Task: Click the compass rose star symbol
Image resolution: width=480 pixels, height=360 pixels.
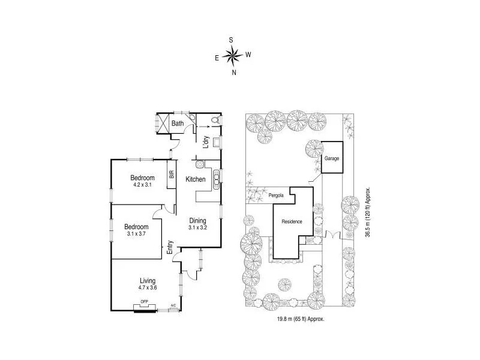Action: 232,56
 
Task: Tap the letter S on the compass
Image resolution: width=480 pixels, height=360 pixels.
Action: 231,40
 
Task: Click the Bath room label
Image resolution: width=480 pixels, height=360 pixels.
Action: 178,124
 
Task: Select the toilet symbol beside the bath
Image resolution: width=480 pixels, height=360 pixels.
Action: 215,121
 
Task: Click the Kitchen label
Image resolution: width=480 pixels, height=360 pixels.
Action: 196,179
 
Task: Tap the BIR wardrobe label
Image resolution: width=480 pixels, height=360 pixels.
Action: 171,175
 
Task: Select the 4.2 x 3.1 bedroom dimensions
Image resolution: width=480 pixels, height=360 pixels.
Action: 143,185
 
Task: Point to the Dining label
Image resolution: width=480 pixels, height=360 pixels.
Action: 198,221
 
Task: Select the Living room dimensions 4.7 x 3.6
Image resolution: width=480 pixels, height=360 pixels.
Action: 148,287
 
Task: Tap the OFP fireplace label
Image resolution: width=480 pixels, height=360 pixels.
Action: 144,302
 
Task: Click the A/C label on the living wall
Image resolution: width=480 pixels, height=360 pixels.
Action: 173,305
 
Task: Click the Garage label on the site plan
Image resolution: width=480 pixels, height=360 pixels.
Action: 332,159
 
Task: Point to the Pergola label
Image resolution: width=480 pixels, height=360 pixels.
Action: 275,196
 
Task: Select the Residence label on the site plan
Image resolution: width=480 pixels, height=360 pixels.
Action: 292,222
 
